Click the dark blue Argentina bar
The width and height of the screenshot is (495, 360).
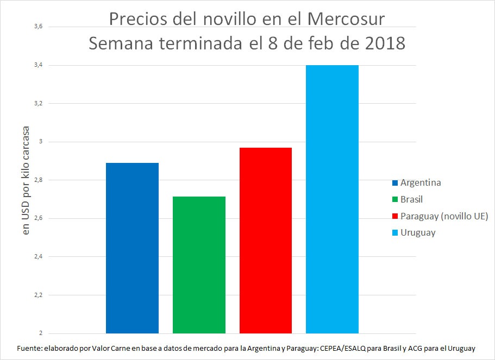tap(132, 248)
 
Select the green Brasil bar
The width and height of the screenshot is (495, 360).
tap(199, 264)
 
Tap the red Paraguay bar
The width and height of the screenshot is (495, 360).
tap(266, 240)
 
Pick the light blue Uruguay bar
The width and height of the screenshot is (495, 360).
tap(332, 199)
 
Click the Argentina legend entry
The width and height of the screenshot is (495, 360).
tap(420, 182)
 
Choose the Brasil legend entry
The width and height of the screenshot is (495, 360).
tap(411, 199)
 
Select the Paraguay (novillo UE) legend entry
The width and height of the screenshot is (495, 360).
tap(444, 216)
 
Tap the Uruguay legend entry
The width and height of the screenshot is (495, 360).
tap(418, 233)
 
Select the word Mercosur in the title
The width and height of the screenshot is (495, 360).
tap(346, 19)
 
